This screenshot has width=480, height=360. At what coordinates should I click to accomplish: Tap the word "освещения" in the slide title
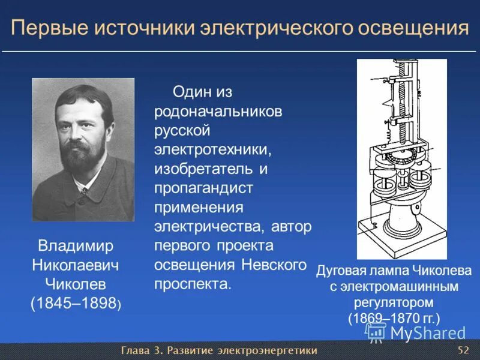click(x=414, y=29)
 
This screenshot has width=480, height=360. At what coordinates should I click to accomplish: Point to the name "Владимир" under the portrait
click(x=76, y=246)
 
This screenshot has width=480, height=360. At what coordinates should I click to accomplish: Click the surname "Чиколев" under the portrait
click(x=76, y=284)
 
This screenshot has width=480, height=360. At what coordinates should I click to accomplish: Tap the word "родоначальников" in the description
click(x=218, y=112)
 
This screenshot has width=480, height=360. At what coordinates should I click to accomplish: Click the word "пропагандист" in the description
click(x=204, y=188)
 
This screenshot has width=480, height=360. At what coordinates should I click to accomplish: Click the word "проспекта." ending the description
click(x=193, y=284)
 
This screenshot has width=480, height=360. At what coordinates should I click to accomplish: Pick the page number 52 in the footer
click(x=463, y=350)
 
